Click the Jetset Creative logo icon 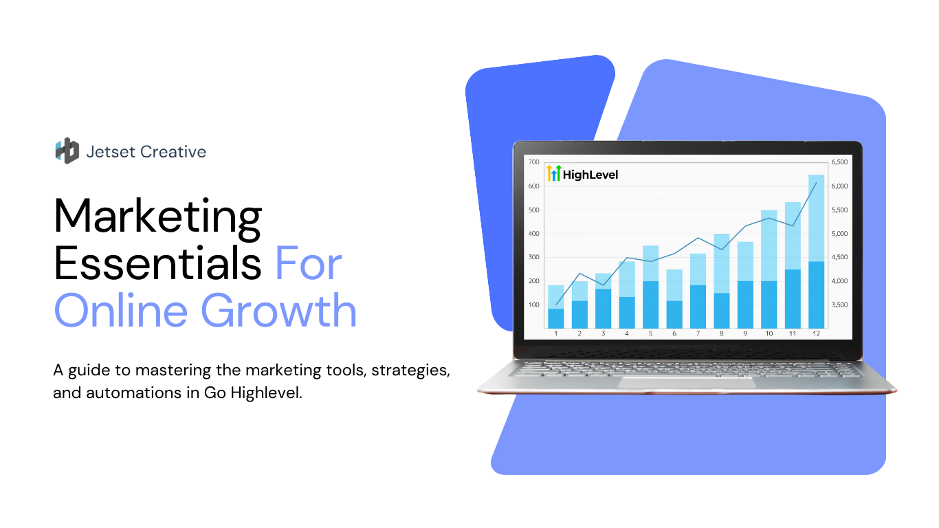[x=67, y=151]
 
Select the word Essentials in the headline [x=158, y=263]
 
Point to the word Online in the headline [x=121, y=311]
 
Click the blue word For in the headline [x=309, y=263]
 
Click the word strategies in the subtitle [x=411, y=371]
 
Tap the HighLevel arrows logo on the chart [x=554, y=173]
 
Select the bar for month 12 [x=816, y=251]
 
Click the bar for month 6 [x=674, y=299]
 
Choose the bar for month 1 [x=556, y=307]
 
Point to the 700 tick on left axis [x=533, y=162]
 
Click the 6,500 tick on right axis [x=839, y=162]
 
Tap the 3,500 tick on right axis [x=839, y=305]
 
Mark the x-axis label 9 [x=745, y=333]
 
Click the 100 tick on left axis [x=533, y=305]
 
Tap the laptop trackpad [x=687, y=382]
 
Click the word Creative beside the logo [x=173, y=152]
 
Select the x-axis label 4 [x=627, y=333]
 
